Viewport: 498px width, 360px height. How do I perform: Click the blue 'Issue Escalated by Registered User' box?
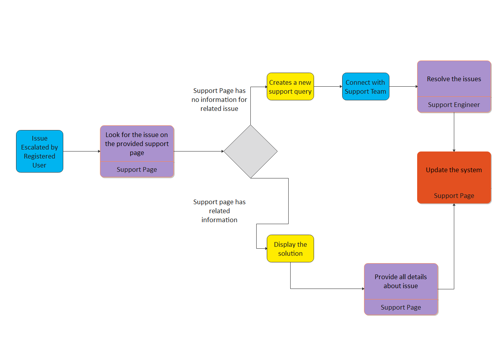tap(39, 151)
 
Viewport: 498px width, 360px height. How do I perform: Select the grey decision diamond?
tap(250, 151)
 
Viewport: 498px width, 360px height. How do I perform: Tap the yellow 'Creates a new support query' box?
tap(290, 87)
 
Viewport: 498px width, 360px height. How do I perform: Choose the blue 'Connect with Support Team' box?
tap(366, 87)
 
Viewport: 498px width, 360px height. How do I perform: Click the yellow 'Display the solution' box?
tap(290, 249)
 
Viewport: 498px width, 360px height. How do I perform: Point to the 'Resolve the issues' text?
tap(454, 79)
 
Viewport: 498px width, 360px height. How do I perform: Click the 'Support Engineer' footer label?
tap(454, 105)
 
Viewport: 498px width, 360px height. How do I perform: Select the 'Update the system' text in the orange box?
tap(454, 170)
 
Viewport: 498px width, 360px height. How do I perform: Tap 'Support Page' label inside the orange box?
tap(454, 196)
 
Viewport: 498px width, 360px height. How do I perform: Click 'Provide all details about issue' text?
tap(401, 281)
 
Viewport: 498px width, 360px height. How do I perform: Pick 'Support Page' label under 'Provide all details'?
tap(401, 307)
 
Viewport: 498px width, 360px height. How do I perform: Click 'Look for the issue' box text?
tap(137, 144)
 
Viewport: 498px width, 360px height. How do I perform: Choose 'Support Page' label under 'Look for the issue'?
tap(137, 169)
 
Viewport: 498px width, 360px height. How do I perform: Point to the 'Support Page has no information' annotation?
tap(219, 100)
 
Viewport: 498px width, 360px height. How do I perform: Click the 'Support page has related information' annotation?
tap(219, 211)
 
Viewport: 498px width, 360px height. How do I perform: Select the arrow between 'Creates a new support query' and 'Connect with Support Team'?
tap(328, 87)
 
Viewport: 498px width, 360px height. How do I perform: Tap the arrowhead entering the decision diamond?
tap(221, 151)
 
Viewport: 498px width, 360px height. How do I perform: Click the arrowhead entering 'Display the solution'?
tap(265, 248)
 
